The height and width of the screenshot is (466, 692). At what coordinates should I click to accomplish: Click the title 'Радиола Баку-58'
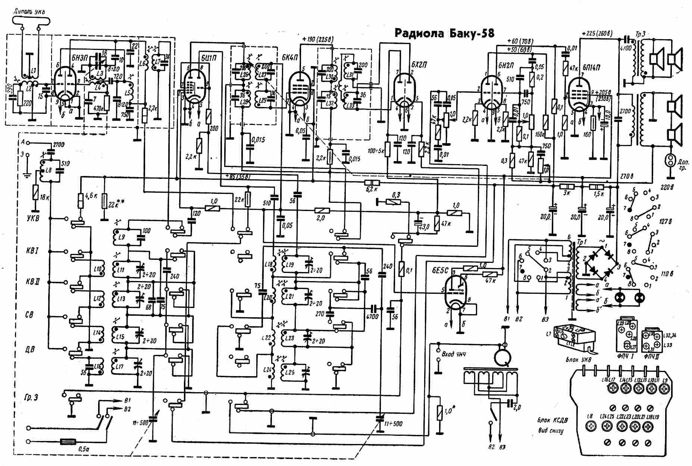[444, 34]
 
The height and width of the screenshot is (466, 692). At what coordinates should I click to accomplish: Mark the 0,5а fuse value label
[84, 449]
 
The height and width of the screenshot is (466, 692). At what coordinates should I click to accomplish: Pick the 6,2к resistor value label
[372, 189]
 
